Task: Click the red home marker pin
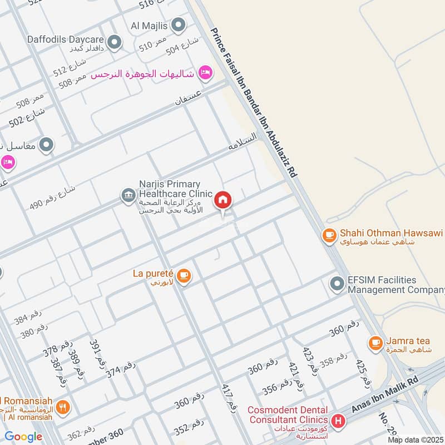pyautogui.click(x=223, y=200)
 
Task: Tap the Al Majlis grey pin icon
pyautogui.click(x=178, y=24)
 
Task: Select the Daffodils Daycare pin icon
pyautogui.click(x=115, y=42)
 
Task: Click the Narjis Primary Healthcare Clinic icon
pyautogui.click(x=128, y=195)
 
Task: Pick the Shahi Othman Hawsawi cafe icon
pyautogui.click(x=329, y=236)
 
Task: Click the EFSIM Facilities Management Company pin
pyautogui.click(x=337, y=284)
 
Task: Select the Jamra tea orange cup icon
pyautogui.click(x=376, y=342)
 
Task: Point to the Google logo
pyautogui.click(x=23, y=437)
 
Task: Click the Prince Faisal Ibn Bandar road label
pyautogui.click(x=253, y=102)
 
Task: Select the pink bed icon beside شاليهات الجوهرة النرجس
pyautogui.click(x=206, y=73)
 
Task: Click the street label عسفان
pyautogui.click(x=187, y=100)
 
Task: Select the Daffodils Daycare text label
pyautogui.click(x=66, y=40)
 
